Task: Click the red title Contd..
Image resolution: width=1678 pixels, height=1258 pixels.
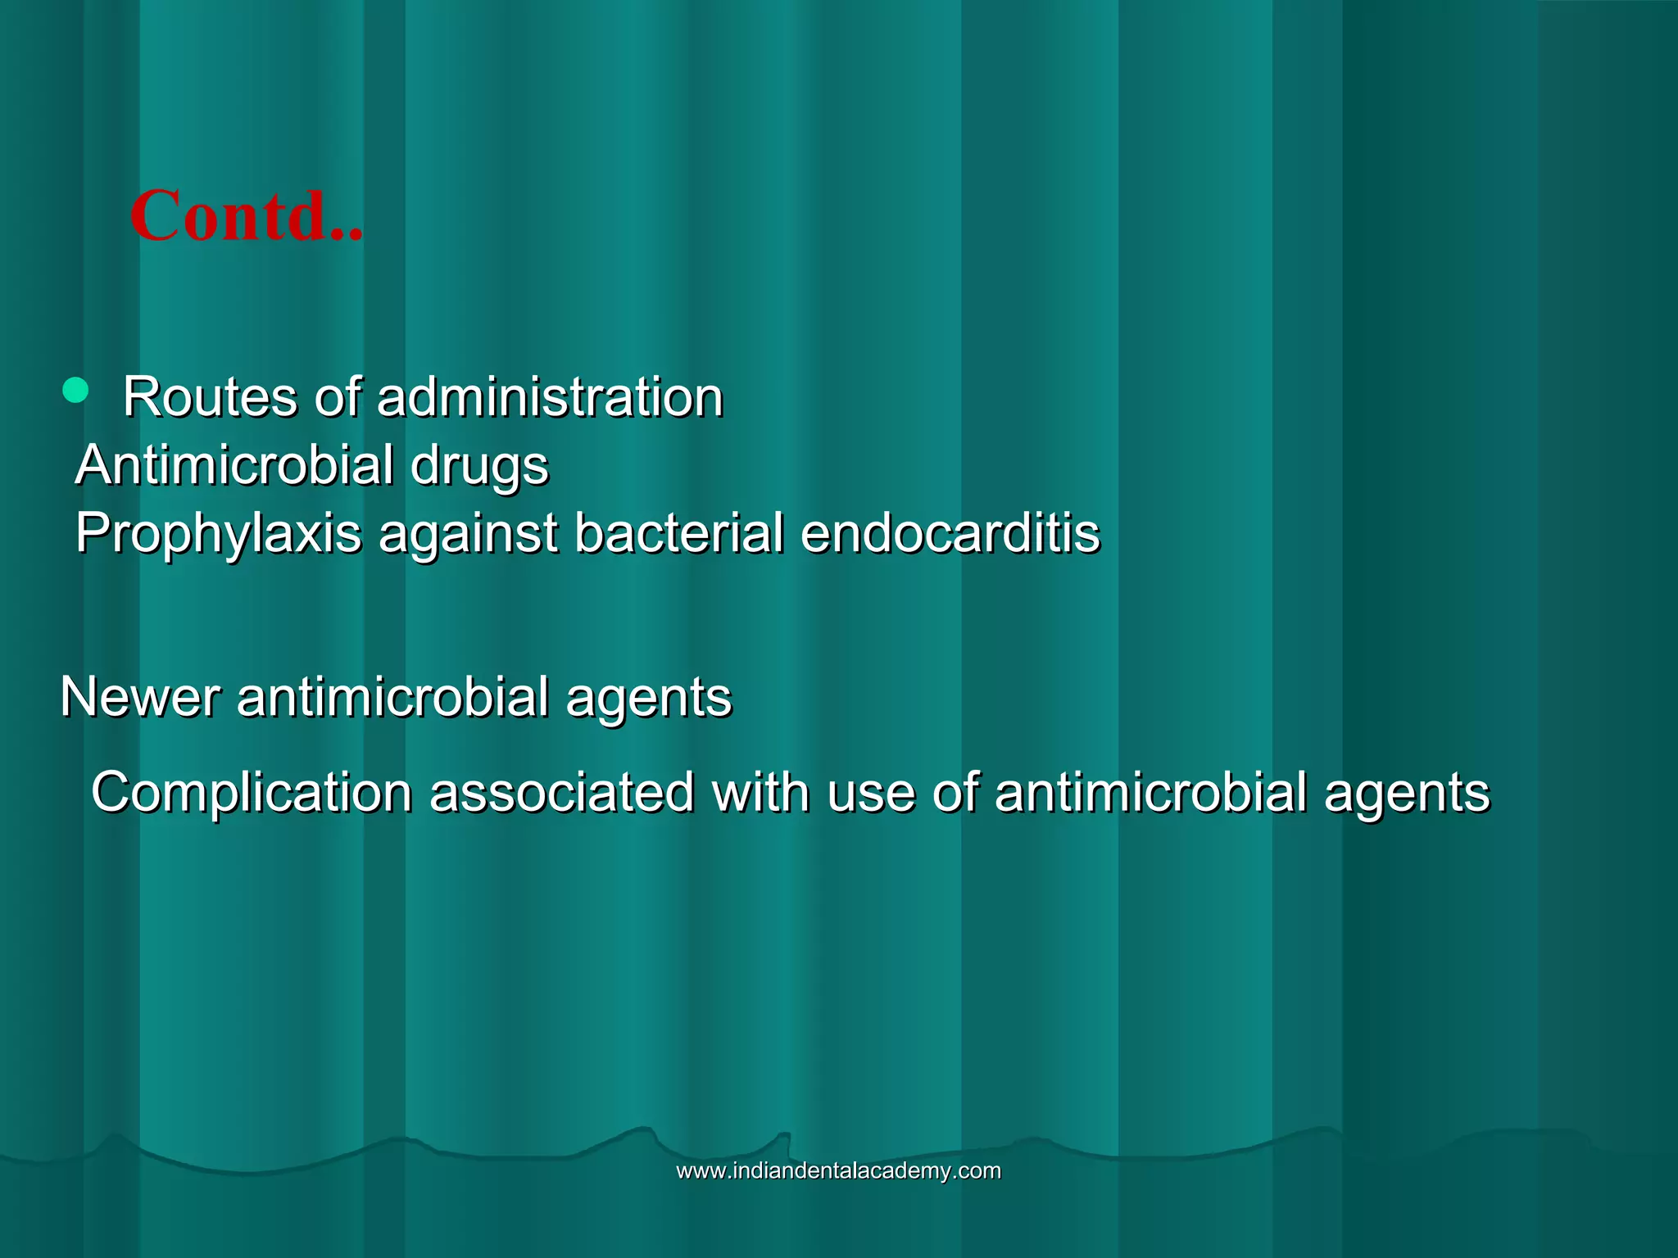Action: click(245, 216)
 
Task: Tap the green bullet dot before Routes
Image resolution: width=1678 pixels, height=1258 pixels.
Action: click(75, 391)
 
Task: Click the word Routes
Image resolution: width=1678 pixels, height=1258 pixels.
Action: click(210, 397)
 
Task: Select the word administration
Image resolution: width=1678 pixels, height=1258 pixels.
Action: click(550, 397)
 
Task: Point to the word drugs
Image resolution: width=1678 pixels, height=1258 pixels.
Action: click(479, 466)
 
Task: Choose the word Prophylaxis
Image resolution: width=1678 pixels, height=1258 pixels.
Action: click(219, 534)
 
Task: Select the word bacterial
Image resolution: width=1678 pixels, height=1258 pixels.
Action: click(678, 532)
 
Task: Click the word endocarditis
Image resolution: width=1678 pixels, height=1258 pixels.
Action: click(950, 532)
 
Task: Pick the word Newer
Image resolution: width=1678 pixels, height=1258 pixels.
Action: click(140, 697)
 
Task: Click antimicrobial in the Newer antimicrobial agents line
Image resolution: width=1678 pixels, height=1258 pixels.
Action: click(392, 697)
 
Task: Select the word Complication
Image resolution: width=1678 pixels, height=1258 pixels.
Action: click(252, 793)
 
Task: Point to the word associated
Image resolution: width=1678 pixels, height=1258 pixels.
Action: click(562, 792)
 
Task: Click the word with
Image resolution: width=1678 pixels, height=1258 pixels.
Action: click(761, 792)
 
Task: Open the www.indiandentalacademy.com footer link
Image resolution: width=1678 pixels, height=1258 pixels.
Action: click(838, 1170)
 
